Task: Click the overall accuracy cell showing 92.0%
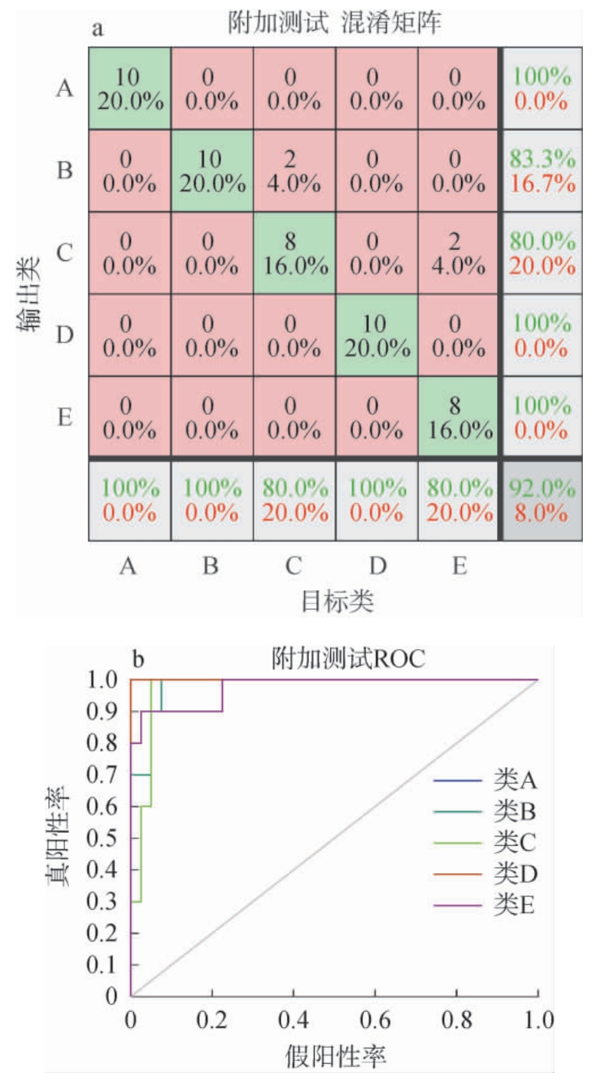(539, 499)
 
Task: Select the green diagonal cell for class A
(128, 89)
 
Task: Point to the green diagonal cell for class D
(374, 335)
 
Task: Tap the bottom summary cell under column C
(292, 499)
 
